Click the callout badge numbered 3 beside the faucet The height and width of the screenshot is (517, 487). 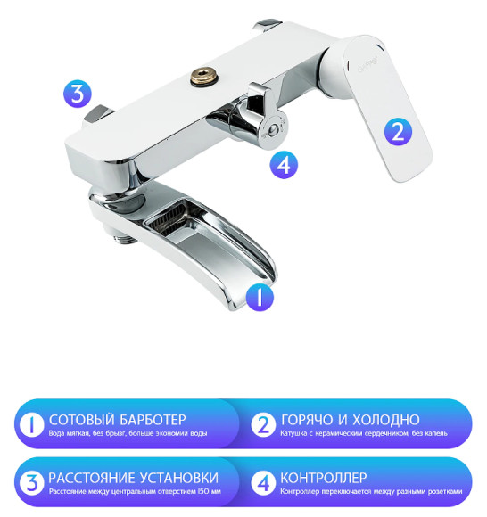tap(78, 93)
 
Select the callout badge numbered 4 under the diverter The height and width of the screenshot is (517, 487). tap(282, 164)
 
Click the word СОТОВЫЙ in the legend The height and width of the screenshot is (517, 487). tap(80, 420)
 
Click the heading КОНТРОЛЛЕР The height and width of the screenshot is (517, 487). tap(323, 477)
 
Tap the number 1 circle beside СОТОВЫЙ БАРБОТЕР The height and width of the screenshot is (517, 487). tap(31, 426)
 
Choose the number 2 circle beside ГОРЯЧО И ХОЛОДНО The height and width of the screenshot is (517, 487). tap(263, 426)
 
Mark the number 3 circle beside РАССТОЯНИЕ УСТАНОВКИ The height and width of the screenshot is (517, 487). tap(31, 483)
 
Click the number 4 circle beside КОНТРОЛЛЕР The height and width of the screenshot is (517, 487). tap(263, 483)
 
